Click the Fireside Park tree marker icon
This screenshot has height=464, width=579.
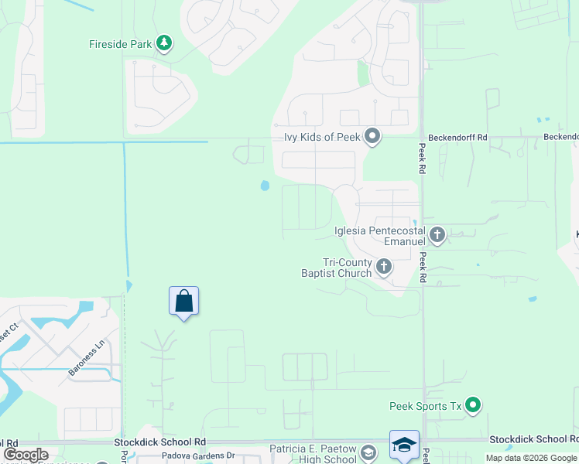pos(163,43)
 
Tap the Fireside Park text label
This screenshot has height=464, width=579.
pos(120,44)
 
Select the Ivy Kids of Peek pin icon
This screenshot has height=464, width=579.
pos(372,137)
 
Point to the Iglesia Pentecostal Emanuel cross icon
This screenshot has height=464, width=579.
pos(437,234)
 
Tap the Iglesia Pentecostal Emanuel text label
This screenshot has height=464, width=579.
pos(380,235)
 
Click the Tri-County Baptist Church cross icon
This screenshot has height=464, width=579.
pos(384,268)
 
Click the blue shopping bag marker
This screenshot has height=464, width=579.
pos(183,300)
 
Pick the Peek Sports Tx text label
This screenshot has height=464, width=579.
pos(425,406)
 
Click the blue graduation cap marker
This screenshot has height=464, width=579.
pos(404,445)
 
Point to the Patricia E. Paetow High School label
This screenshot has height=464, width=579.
pos(313,454)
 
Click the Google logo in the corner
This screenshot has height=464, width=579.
pos(26,455)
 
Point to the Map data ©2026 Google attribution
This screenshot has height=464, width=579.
pos(531,458)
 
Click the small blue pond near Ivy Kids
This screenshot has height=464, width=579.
pos(265,186)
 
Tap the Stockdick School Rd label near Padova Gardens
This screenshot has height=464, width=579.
pos(160,442)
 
